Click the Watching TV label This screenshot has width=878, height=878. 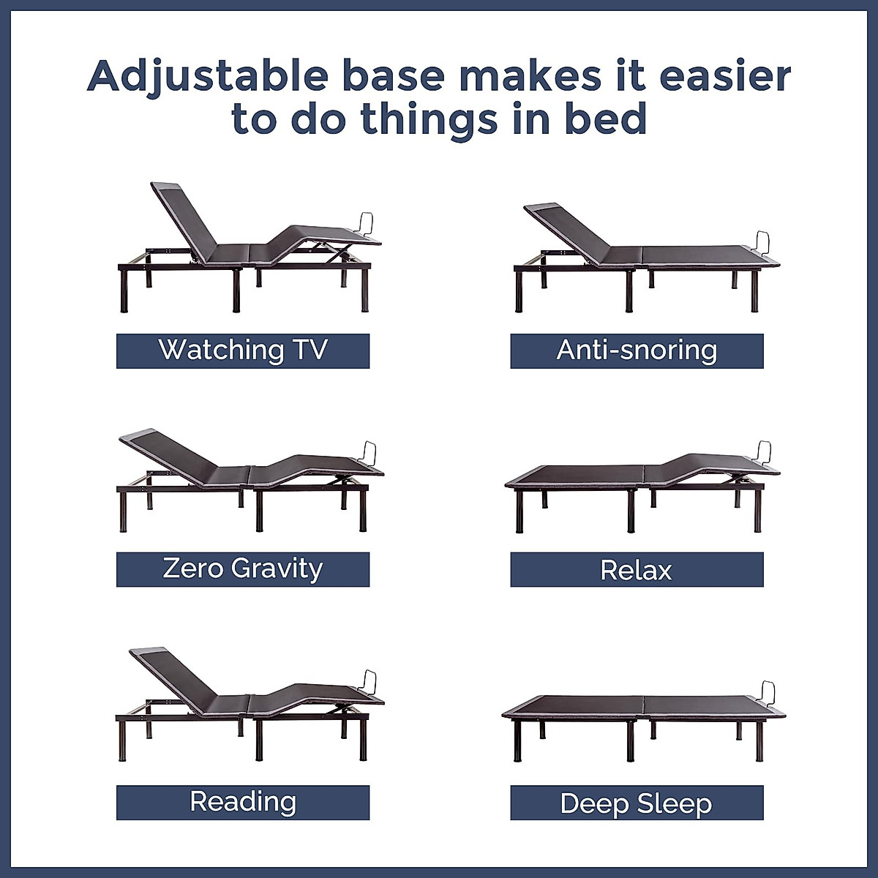[242, 350]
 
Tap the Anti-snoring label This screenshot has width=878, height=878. [637, 350]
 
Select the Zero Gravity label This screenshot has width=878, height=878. [242, 569]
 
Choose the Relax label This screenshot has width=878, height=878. [637, 570]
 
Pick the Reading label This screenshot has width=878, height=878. [242, 802]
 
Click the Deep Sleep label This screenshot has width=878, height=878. [637, 803]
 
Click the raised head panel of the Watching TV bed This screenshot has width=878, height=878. [183, 216]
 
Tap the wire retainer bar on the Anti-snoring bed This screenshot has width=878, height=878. [763, 241]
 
